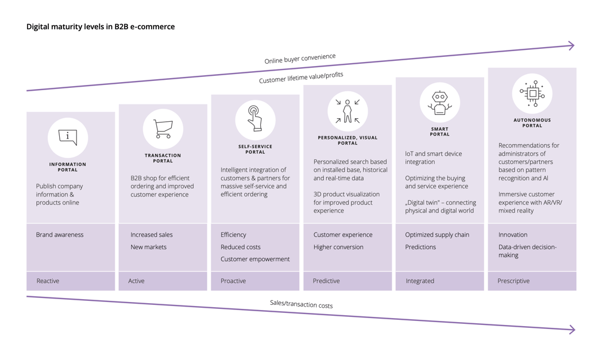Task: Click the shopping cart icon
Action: click(x=163, y=129)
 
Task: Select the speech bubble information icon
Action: click(x=68, y=137)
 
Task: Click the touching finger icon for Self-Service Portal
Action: click(x=255, y=119)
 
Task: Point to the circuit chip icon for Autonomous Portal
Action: click(x=532, y=93)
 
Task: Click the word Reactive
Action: click(x=48, y=281)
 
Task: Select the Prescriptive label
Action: click(x=514, y=281)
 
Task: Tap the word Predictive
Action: click(x=326, y=281)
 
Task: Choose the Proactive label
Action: click(x=233, y=281)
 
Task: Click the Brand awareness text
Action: click(x=60, y=235)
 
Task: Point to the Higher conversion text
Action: click(x=338, y=247)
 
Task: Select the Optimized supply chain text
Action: click(x=437, y=235)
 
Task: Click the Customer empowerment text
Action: click(x=255, y=259)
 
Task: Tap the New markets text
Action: click(x=148, y=247)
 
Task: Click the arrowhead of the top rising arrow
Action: click(x=571, y=46)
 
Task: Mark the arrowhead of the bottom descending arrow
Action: click(x=572, y=330)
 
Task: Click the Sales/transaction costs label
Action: click(x=301, y=304)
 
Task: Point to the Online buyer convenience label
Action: click(x=300, y=59)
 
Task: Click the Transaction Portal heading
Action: click(x=163, y=158)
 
